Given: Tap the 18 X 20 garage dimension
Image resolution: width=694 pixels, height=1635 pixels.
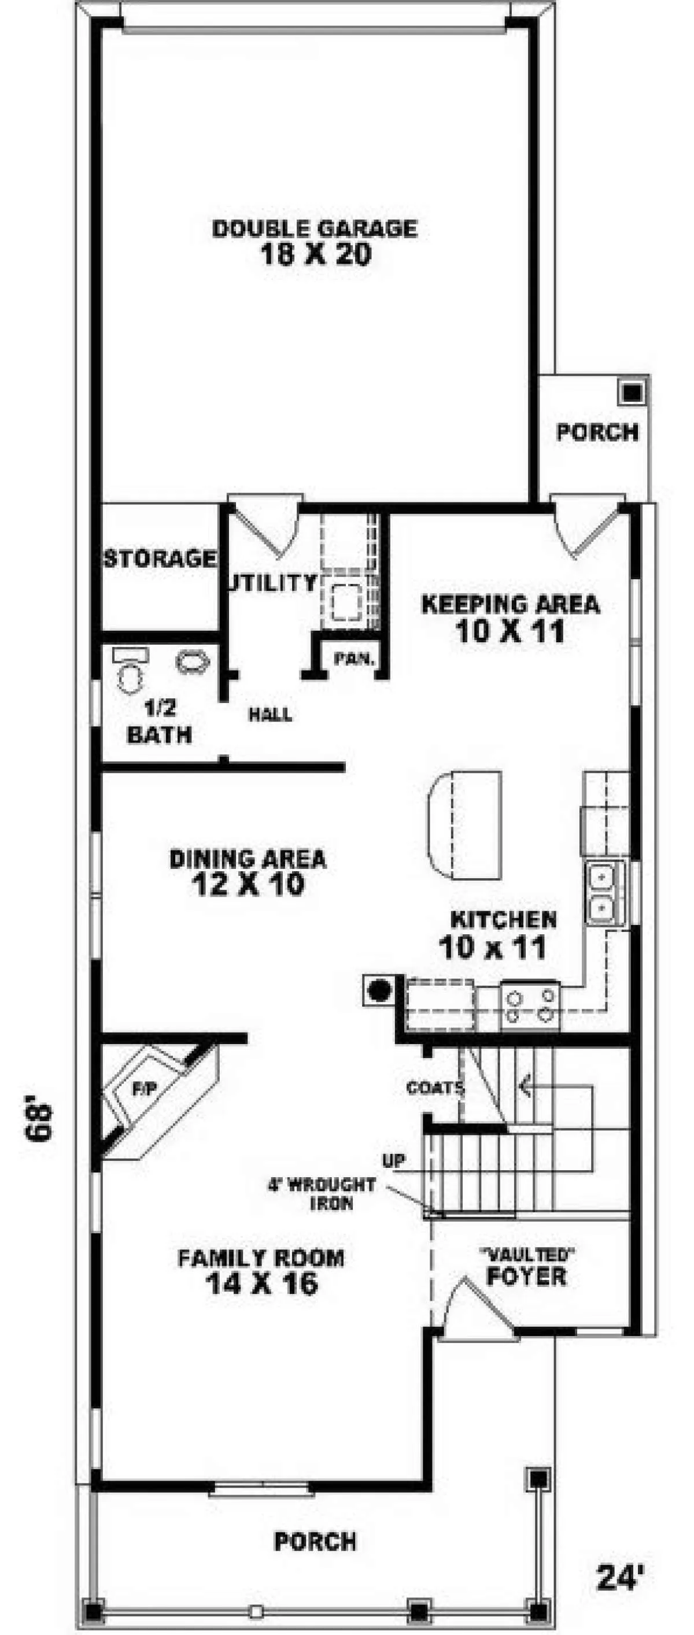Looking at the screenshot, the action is tap(316, 255).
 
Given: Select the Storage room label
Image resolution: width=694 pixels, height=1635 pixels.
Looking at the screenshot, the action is tap(160, 558).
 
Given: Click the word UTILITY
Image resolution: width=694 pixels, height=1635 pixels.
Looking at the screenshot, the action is tap(272, 582).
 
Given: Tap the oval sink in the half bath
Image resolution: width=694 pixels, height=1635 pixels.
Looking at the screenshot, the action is tap(193, 663).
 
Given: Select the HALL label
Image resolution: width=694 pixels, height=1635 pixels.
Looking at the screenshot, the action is tap(271, 715).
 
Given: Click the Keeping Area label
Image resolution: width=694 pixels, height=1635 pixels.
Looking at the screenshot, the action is tap(511, 604).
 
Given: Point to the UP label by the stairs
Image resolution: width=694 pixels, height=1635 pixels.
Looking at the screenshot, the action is tap(394, 1161).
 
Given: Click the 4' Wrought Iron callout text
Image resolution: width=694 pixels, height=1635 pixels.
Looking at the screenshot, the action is tap(322, 1193).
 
